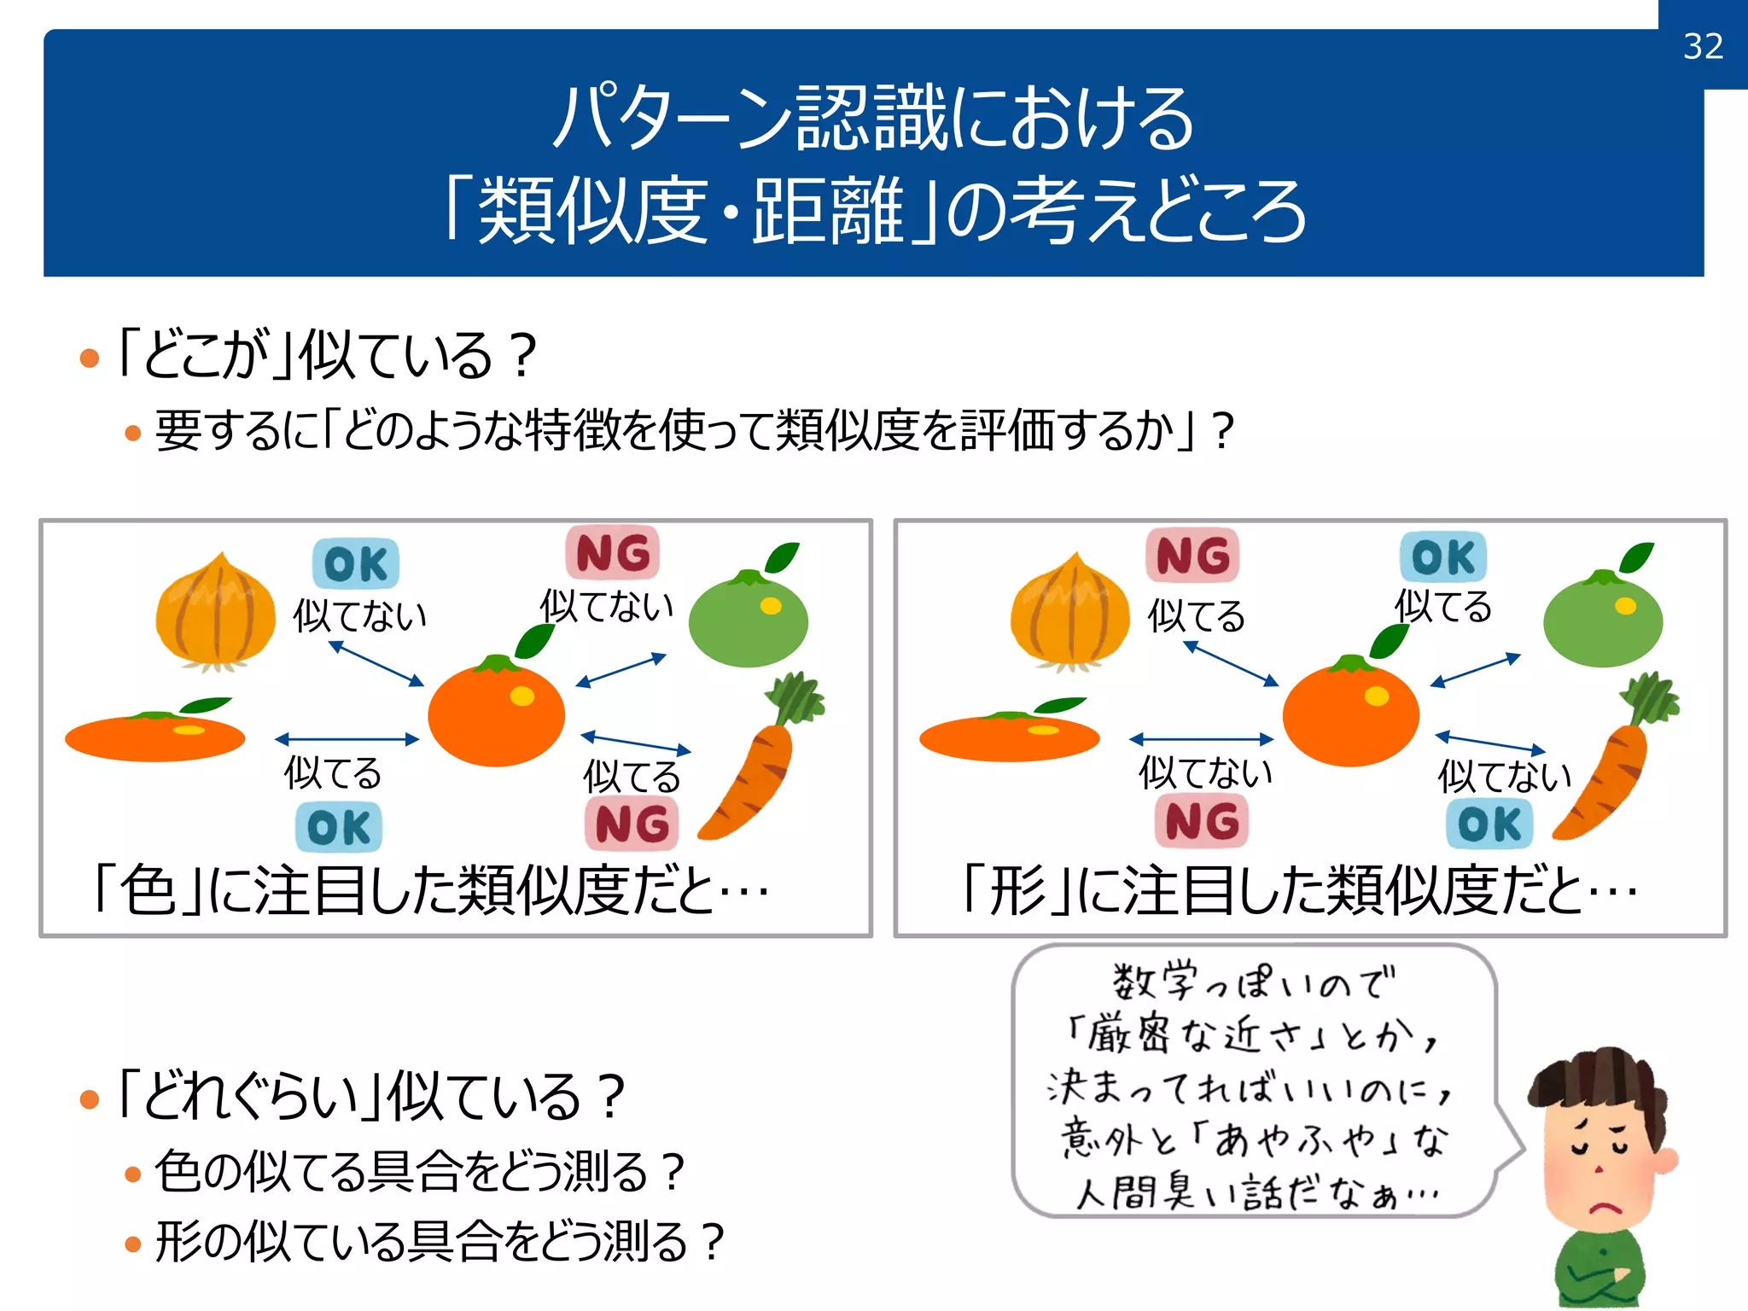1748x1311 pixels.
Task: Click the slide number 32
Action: [x=1703, y=46]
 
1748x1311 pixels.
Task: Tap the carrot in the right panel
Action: [x=1610, y=768]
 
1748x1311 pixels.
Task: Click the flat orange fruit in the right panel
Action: [x=1010, y=737]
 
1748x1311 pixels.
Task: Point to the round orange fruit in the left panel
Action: [x=496, y=714]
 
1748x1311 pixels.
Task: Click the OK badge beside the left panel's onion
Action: [x=356, y=564]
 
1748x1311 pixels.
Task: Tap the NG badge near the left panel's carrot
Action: [x=632, y=824]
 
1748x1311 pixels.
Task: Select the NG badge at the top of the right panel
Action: [x=1192, y=556]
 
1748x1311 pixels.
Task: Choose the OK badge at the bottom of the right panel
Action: [x=1489, y=824]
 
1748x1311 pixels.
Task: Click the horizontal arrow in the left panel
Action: [x=347, y=739]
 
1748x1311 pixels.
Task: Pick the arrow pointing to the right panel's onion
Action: [x=1231, y=663]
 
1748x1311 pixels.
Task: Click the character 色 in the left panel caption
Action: [x=147, y=890]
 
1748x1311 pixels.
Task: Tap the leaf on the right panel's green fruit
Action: [x=1636, y=558]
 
